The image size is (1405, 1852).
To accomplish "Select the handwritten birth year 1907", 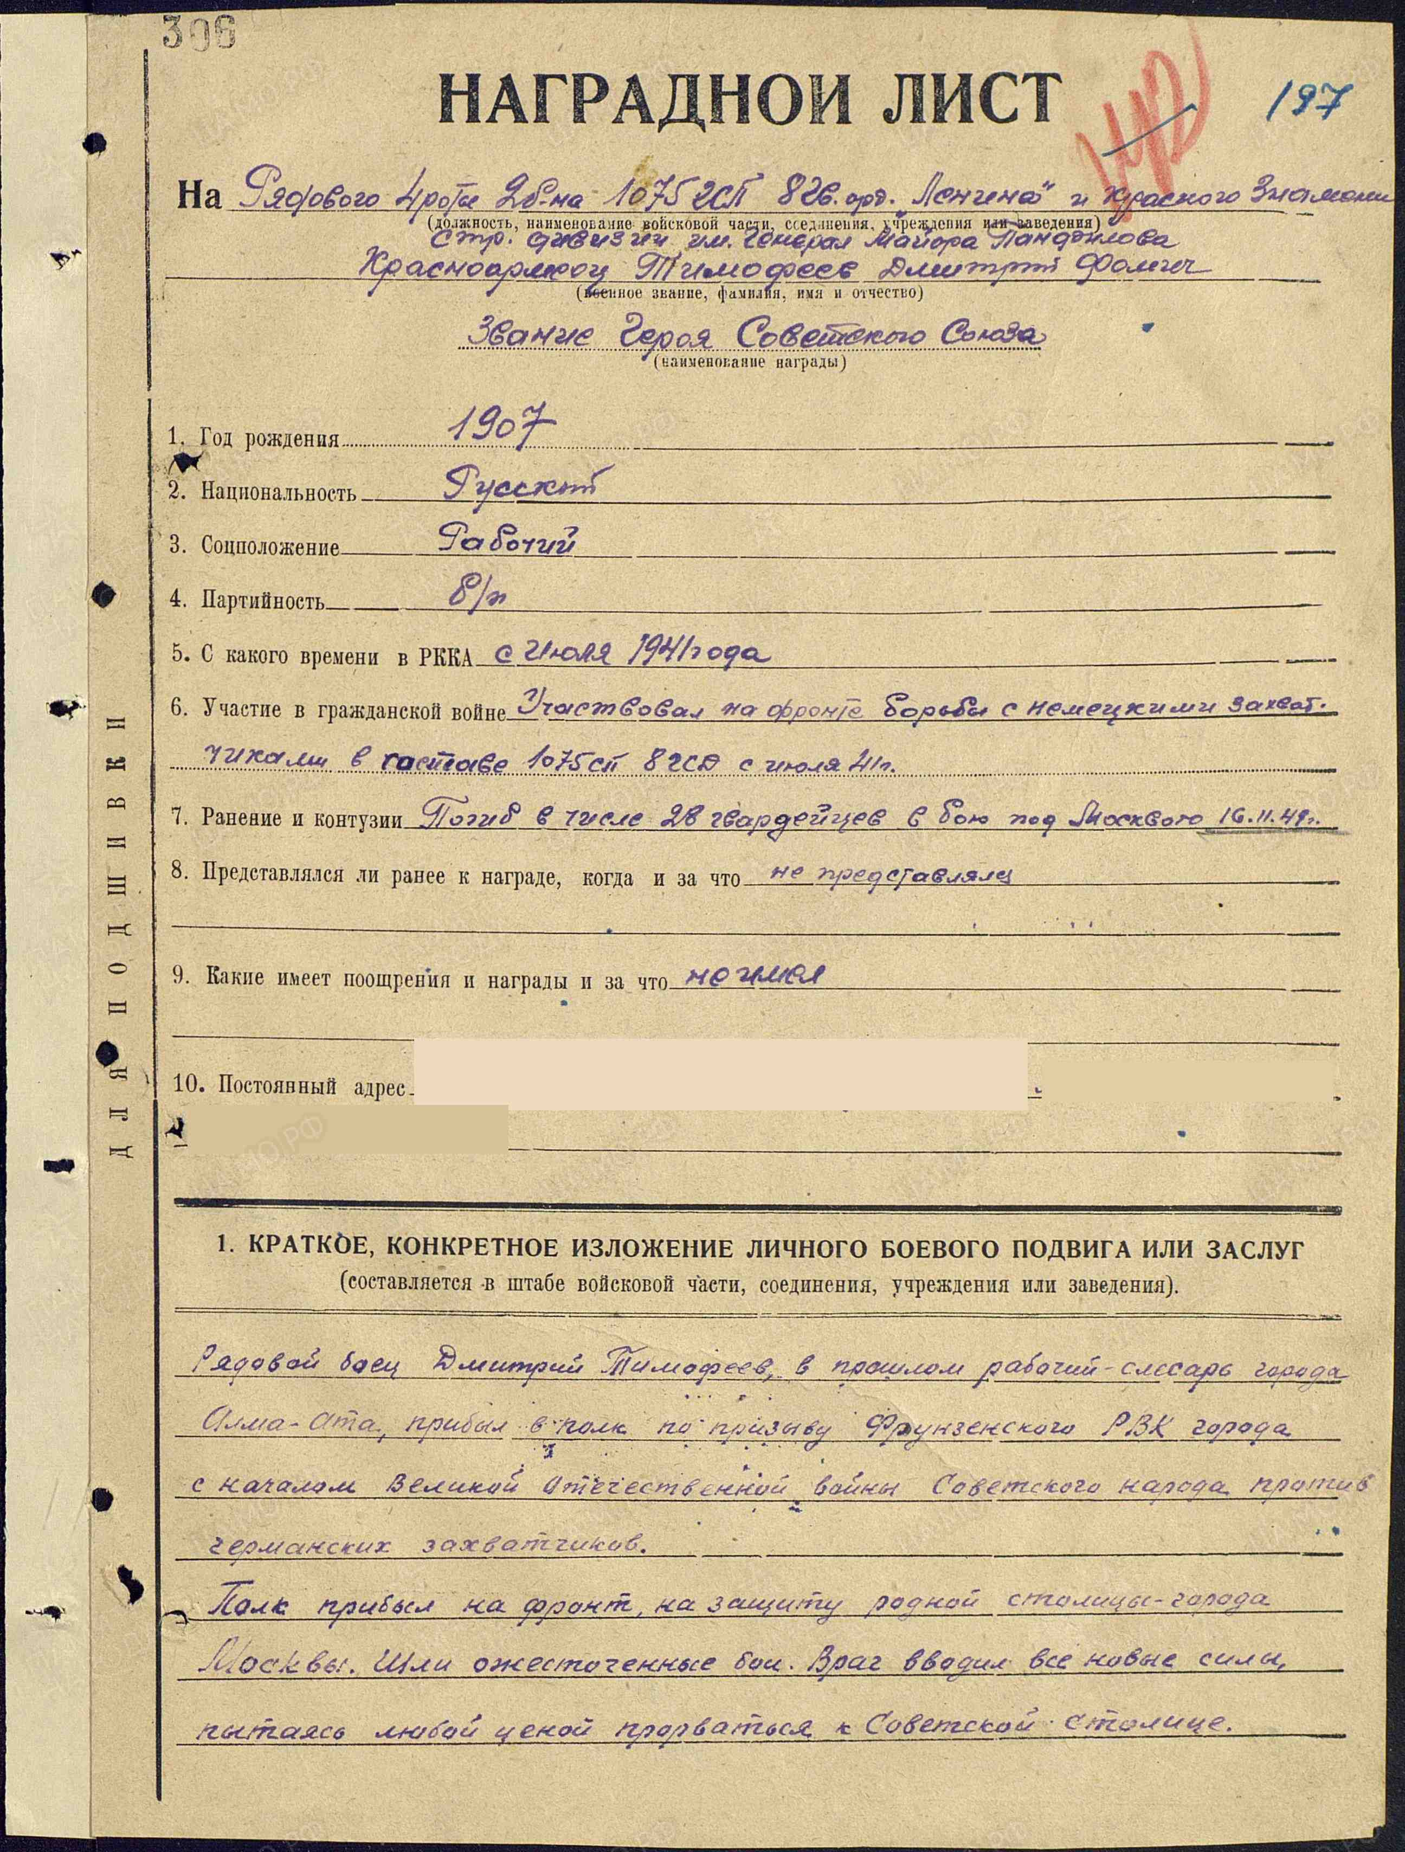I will point(500,429).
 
